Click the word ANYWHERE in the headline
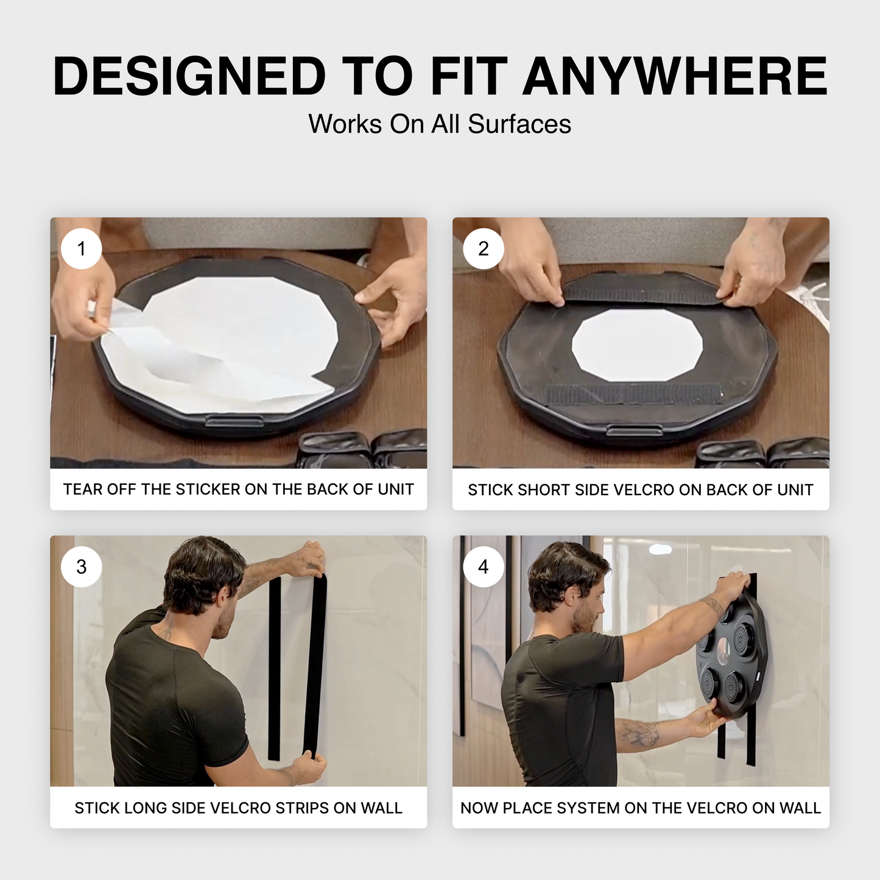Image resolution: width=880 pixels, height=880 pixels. coord(675,77)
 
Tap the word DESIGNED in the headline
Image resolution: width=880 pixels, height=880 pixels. coord(189,77)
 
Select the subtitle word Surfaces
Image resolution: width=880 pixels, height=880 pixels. coord(519,124)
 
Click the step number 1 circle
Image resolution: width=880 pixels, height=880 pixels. coord(82,249)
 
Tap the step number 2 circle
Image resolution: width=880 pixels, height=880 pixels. coord(484,249)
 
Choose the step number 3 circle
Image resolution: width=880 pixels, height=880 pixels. coord(82,567)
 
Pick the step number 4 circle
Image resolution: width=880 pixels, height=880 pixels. coord(484,567)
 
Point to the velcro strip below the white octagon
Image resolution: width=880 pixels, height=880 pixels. coord(633,394)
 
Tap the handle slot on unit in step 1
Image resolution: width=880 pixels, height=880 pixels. coord(234,421)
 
